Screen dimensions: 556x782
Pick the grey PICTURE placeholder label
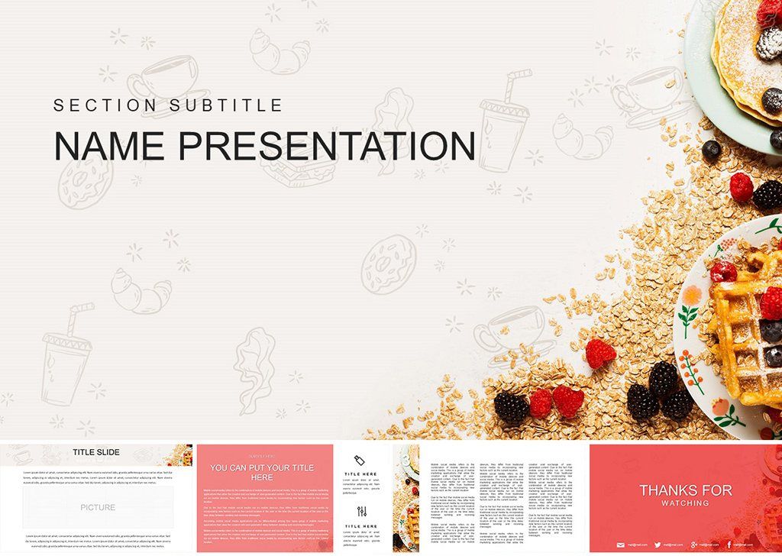(x=98, y=507)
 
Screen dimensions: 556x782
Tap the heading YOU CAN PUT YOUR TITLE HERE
(x=262, y=472)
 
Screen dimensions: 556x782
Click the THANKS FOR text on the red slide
(x=685, y=490)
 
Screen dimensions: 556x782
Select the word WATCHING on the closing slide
(x=685, y=503)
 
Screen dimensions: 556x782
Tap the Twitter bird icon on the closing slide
(x=658, y=545)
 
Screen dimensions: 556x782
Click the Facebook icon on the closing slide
(x=729, y=545)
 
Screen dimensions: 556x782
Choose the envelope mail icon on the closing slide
(x=621, y=545)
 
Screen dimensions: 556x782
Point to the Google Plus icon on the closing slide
(x=693, y=545)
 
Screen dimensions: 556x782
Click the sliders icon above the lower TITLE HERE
(x=361, y=511)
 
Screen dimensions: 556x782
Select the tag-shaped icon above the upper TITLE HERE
(x=360, y=459)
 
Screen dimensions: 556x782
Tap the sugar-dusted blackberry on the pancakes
(x=768, y=44)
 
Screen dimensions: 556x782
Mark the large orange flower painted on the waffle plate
(x=693, y=295)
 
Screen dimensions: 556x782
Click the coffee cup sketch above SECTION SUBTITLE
(x=157, y=76)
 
